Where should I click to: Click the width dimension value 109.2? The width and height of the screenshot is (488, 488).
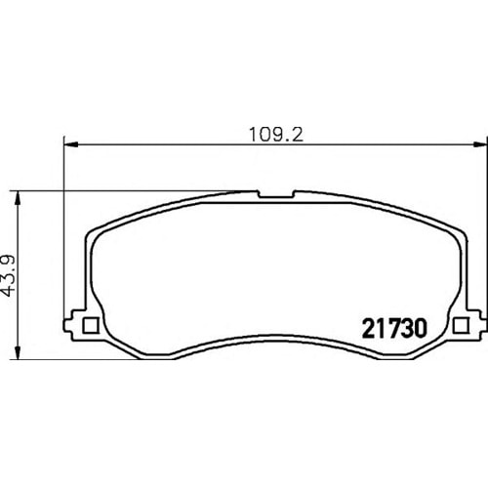tap(276, 135)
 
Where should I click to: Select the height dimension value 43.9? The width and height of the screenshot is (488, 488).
tap(8, 275)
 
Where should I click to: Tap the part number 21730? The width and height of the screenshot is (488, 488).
tap(394, 328)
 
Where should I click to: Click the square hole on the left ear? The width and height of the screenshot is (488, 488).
tap(91, 325)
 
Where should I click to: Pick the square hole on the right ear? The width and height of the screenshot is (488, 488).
tap(461, 325)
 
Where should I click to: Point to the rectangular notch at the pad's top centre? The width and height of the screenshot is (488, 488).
tap(276, 194)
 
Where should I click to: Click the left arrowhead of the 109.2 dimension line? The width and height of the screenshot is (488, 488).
tap(70, 144)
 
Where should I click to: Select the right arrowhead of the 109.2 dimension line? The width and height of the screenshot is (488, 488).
tap(481, 144)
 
